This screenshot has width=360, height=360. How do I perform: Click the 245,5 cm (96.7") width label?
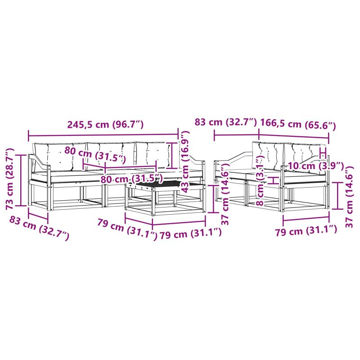105,124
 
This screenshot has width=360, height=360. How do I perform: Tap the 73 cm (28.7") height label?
10,179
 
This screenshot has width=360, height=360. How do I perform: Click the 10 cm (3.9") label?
316,165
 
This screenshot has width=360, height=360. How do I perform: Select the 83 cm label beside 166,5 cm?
225,121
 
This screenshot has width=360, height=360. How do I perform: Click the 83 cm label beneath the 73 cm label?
39,228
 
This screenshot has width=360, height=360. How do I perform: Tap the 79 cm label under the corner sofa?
306,230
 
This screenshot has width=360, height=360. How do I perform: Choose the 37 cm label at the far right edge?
350,197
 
